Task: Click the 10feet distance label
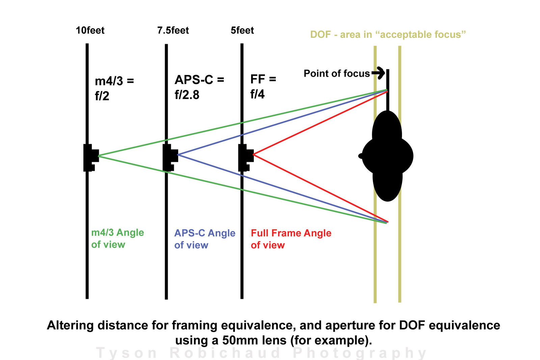90,30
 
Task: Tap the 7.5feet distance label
173,30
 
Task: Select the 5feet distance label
242,30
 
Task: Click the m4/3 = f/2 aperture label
114,88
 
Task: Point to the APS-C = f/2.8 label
199,87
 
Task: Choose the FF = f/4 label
263,86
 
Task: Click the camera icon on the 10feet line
90,157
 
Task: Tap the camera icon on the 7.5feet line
170,157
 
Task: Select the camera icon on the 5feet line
245,157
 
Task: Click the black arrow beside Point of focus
379,73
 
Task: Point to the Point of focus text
336,73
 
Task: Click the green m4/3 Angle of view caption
117,238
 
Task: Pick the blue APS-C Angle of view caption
205,239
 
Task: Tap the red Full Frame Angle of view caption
291,239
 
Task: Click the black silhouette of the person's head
387,156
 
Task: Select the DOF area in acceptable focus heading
388,34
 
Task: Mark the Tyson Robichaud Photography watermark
262,353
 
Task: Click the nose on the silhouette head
360,156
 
